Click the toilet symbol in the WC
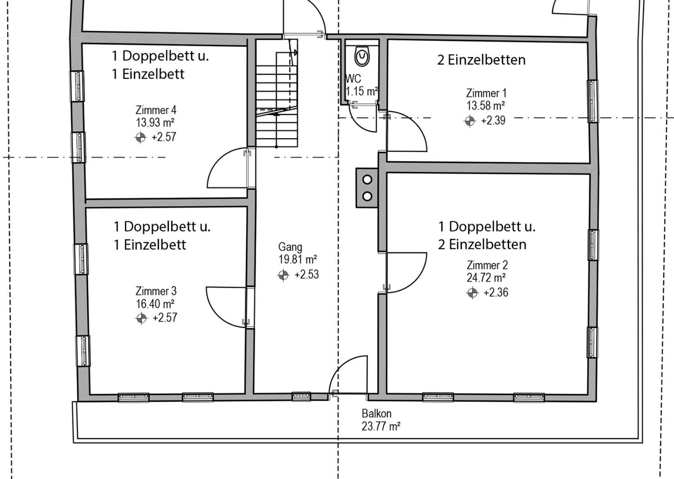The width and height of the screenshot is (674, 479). pyautogui.click(x=362, y=56)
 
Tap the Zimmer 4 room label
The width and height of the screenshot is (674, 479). pyautogui.click(x=156, y=110)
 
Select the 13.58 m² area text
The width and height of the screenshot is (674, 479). pyautogui.click(x=486, y=106)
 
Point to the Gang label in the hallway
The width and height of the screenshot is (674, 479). pyautogui.click(x=290, y=247)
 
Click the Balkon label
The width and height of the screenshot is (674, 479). pyautogui.click(x=376, y=414)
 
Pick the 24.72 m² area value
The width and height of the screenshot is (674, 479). pyautogui.click(x=486, y=278)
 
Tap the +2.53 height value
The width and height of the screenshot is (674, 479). pyautogui.click(x=306, y=275)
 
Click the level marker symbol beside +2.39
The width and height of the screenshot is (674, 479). pyautogui.click(x=470, y=121)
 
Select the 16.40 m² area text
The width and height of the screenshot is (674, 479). pyautogui.click(x=155, y=304)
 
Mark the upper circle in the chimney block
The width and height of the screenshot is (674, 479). pyautogui.click(x=367, y=180)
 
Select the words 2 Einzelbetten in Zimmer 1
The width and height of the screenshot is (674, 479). pyautogui.click(x=481, y=60)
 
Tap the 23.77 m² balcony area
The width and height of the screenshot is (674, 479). pyautogui.click(x=381, y=426)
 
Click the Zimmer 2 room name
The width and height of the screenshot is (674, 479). pyautogui.click(x=487, y=265)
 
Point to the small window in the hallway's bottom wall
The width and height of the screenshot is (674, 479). pyautogui.click(x=301, y=397)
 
